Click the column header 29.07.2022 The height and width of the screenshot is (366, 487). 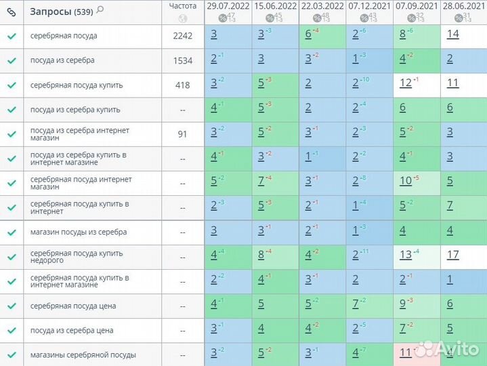click(228, 5)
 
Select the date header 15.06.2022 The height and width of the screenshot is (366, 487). click(275, 5)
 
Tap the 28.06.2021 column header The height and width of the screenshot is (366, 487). click(463, 5)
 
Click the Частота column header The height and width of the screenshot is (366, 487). click(183, 6)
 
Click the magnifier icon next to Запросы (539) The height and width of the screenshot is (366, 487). click(100, 9)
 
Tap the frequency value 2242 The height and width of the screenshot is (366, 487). click(183, 36)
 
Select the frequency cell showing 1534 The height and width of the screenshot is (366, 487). click(183, 60)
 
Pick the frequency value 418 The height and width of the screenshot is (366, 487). click(183, 85)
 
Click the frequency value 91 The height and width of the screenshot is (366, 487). click(183, 134)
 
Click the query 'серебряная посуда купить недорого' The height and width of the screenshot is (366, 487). click(77, 258)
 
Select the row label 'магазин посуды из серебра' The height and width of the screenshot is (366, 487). click(79, 232)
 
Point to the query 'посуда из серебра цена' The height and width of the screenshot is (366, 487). click(72, 331)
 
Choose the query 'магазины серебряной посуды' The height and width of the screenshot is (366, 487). click(83, 355)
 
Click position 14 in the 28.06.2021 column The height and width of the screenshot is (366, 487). click(453, 34)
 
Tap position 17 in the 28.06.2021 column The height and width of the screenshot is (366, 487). click(453, 255)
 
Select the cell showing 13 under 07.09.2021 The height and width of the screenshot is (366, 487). click(406, 255)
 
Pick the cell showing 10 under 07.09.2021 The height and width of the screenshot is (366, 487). click(406, 181)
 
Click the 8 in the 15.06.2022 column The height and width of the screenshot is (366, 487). click(261, 255)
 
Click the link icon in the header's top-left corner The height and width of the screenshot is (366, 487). click(11, 11)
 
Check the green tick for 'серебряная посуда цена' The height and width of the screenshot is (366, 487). click(12, 306)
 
